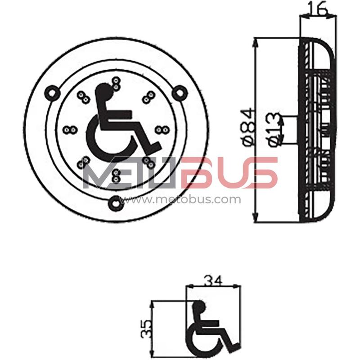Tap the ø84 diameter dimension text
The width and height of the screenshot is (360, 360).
[x=249, y=127]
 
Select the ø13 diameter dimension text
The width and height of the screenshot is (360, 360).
[x=274, y=129]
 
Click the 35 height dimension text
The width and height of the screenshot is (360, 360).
[x=147, y=328]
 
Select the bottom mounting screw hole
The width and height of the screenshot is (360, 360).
[x=116, y=202]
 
